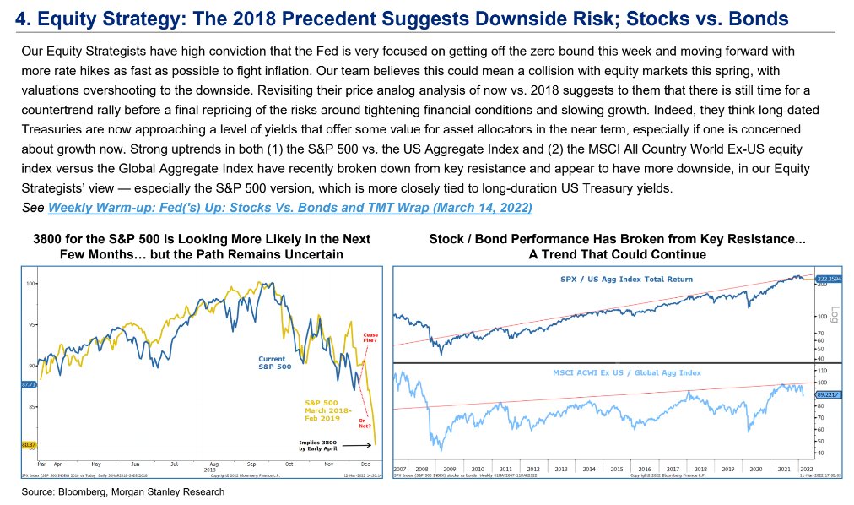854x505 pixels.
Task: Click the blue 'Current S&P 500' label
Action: [272, 363]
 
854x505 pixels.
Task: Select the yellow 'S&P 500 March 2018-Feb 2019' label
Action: [324, 409]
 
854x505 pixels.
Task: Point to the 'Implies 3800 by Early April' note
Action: [321, 445]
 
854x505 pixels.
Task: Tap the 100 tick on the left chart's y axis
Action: [30, 284]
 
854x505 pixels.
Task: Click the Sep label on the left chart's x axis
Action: [251, 464]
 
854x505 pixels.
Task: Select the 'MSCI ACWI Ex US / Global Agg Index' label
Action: [628, 372]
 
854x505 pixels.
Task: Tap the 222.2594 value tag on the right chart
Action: [829, 278]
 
